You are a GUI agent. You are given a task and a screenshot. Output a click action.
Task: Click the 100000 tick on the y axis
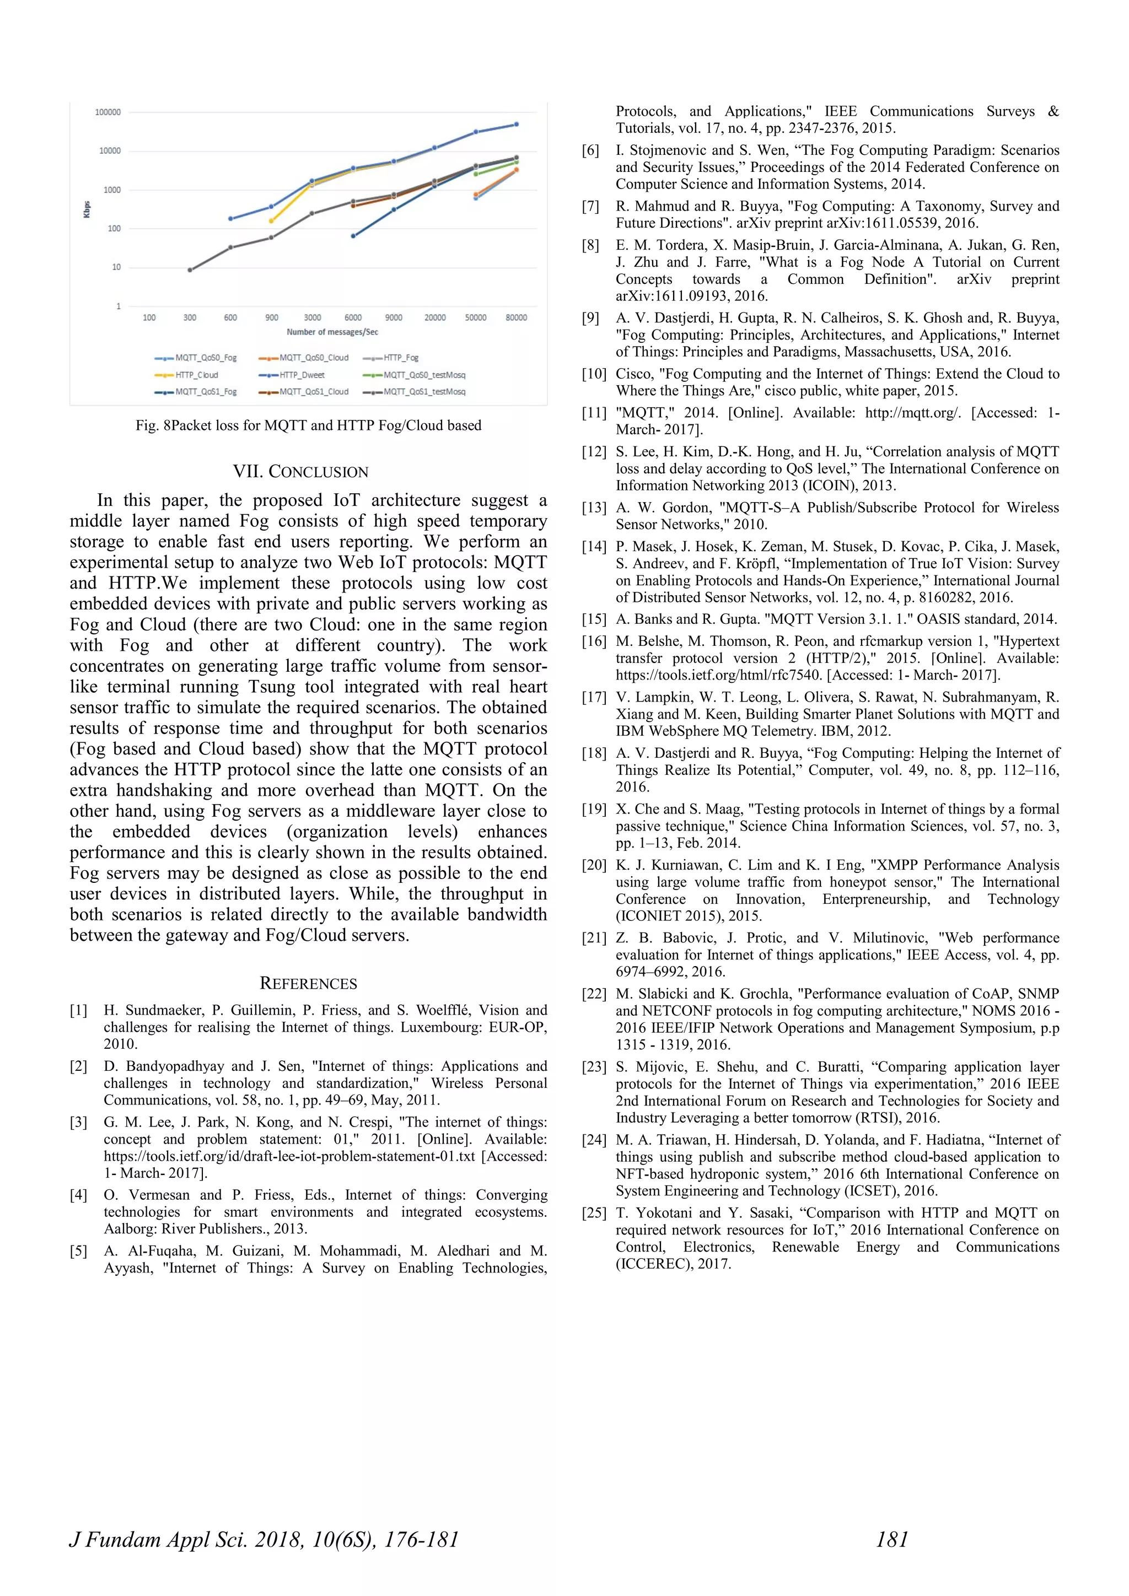coord(107,112)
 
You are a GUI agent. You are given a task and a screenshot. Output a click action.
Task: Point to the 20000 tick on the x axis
coord(434,317)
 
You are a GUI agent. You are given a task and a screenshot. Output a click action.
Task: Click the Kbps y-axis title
coord(87,209)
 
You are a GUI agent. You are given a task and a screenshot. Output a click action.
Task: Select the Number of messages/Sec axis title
coord(332,332)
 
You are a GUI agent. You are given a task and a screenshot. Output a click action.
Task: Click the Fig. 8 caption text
coord(308,425)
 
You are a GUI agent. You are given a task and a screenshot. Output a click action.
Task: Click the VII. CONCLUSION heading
coord(300,472)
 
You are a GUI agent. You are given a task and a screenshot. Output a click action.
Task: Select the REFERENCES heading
coord(308,984)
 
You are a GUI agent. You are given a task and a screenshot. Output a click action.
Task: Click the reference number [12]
coord(594,452)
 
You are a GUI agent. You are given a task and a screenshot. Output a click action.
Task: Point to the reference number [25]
coord(594,1213)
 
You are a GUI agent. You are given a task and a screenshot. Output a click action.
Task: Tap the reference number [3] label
coord(79,1123)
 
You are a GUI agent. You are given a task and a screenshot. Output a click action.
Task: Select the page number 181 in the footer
coord(892,1540)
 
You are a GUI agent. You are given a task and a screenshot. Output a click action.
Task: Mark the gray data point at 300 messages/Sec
coord(190,269)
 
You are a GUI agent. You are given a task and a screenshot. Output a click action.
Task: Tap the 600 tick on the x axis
coord(230,317)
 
